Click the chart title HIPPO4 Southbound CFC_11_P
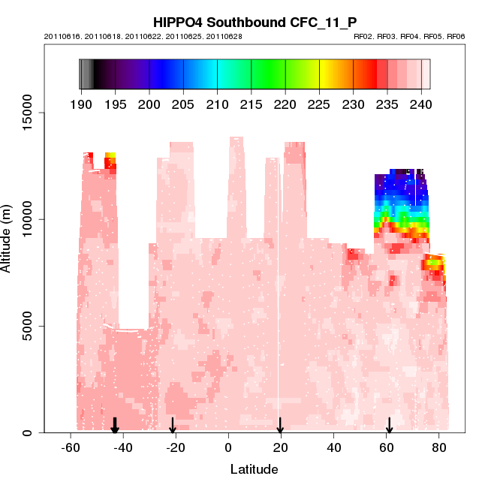coord(255,23)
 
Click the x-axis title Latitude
coord(254,469)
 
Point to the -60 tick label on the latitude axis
coord(70,447)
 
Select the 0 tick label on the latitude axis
coord(228,447)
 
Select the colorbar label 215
coord(252,104)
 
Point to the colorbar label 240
coord(421,104)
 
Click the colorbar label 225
coord(319,104)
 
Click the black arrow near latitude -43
coord(115,426)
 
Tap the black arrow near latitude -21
coord(173,426)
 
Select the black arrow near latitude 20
coord(280,426)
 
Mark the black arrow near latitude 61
coord(389,426)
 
